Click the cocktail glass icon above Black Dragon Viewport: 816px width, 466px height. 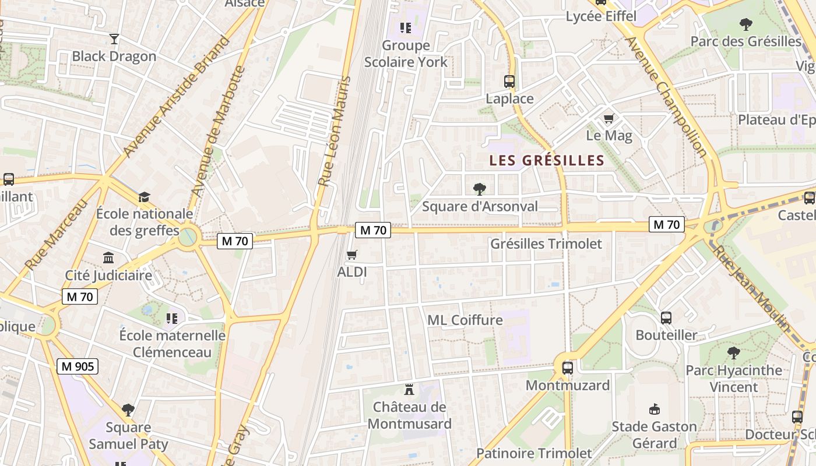click(114, 39)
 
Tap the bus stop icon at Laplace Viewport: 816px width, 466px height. click(509, 82)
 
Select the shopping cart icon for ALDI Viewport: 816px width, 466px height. click(351, 255)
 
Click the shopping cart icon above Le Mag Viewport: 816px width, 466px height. click(609, 119)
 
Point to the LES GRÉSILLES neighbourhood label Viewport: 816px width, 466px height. click(546, 161)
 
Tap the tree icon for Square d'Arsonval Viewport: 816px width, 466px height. click(480, 189)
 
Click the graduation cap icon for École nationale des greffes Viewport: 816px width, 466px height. click(144, 197)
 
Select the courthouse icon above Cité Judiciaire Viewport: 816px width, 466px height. click(108, 258)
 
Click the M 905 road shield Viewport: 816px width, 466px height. click(78, 366)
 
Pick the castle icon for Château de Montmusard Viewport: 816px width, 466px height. click(409, 390)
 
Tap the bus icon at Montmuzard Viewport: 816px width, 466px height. click(567, 368)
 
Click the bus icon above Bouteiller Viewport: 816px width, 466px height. click(666, 318)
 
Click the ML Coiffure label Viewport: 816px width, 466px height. click(465, 320)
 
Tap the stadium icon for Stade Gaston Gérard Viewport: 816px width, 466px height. click(654, 409)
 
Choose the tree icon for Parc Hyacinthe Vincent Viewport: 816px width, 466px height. click(733, 353)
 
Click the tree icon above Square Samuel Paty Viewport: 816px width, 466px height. click(128, 410)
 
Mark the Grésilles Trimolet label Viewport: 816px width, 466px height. click(546, 243)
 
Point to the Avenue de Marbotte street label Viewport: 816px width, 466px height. click(219, 131)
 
